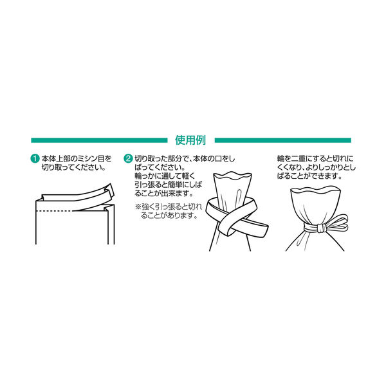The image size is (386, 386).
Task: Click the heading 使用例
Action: pos(190,140)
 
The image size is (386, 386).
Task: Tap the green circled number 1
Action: pos(35,158)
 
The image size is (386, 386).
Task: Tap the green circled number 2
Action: pos(128,158)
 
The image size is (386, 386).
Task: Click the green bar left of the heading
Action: pos(99,140)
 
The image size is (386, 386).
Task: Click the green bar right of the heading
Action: pos(283,140)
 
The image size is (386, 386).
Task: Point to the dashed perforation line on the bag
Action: pos(55,211)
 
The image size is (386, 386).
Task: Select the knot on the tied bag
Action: pos(320,228)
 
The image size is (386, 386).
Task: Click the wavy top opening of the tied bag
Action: pos(315,190)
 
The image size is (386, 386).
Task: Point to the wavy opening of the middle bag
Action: pos(233,176)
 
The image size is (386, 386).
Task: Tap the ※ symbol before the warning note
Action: pos(138,207)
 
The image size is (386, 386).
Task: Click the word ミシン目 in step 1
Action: pos(91,158)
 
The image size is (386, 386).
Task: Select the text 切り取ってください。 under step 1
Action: pos(73,167)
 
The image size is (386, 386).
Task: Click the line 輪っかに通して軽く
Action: pos(165,176)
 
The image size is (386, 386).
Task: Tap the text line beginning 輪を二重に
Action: pos(315,158)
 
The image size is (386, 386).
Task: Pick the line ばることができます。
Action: pos(309,176)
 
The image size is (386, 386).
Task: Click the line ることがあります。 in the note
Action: pos(169,216)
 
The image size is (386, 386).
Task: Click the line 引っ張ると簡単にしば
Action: pos(168,185)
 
